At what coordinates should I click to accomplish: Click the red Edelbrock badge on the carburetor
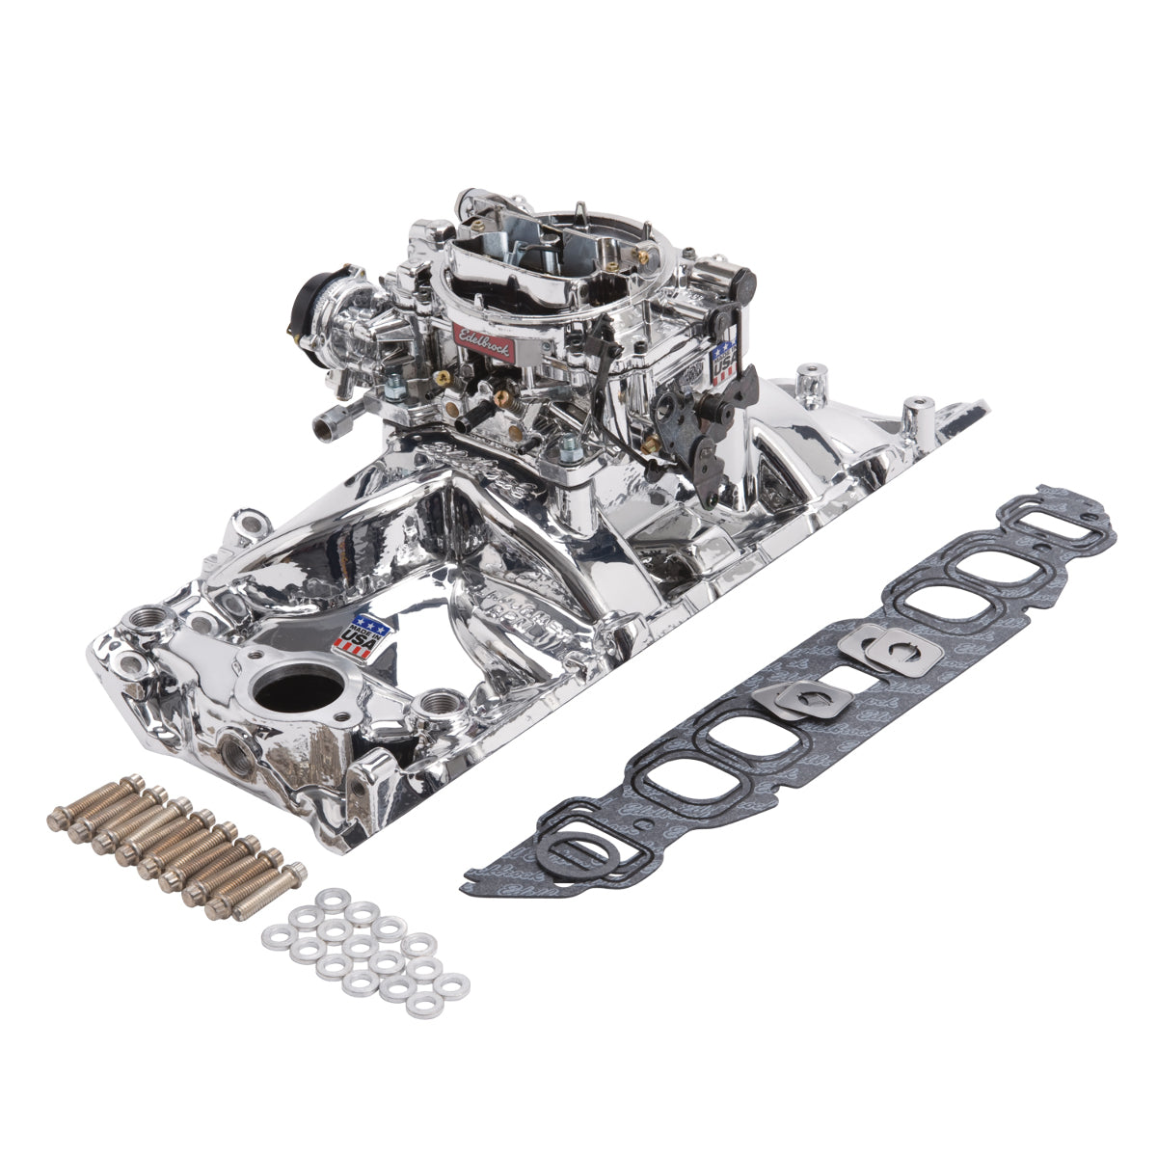point(482,340)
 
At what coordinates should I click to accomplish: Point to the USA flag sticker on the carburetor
point(723,363)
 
